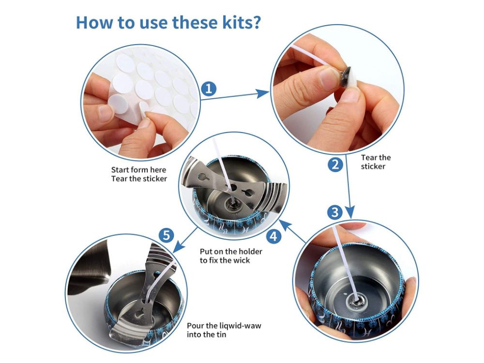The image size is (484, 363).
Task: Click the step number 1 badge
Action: click(209, 89)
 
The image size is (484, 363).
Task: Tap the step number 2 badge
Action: click(335, 164)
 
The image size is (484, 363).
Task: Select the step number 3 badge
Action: click(335, 212)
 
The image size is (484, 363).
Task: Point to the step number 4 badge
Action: click(274, 237)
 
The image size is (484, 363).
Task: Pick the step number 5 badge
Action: click(166, 236)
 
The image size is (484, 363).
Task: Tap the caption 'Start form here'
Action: click(138, 170)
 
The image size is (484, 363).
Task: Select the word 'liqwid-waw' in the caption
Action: click(240, 326)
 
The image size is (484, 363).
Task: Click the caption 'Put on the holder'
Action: click(231, 252)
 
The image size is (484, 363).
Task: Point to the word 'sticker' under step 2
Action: click(373, 166)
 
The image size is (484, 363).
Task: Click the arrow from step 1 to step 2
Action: click(235, 95)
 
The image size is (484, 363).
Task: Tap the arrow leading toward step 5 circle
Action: click(185, 240)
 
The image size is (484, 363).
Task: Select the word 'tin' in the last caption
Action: click(221, 334)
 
